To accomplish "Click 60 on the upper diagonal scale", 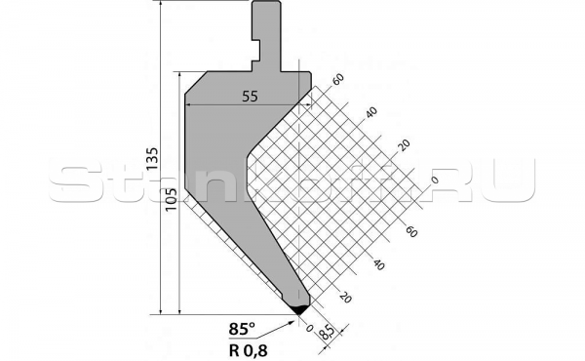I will pos(338,80).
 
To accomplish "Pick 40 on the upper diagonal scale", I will pos(370,112).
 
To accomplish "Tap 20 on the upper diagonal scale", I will pos(403,145).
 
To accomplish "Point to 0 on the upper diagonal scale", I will pos(434,179).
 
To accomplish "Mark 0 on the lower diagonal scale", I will pos(311,329).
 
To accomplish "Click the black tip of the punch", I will pos(299,308).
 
